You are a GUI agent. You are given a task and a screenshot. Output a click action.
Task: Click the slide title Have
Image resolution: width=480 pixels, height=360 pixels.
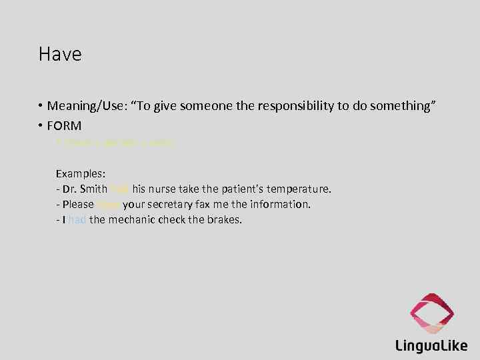click(60, 54)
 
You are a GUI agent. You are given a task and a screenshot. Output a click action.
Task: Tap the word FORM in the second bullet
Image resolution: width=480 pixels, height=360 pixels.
click(64, 125)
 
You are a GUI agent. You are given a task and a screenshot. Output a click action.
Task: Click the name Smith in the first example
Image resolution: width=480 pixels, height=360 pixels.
click(93, 189)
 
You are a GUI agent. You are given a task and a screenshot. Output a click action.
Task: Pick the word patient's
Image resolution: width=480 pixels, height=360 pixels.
click(236, 189)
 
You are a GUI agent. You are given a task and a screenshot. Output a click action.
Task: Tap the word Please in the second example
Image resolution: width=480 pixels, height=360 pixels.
click(78, 205)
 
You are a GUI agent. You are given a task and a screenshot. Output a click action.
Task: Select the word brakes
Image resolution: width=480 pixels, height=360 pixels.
click(225, 220)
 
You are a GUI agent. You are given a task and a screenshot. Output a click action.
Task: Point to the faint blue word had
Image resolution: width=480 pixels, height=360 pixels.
click(77, 220)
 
